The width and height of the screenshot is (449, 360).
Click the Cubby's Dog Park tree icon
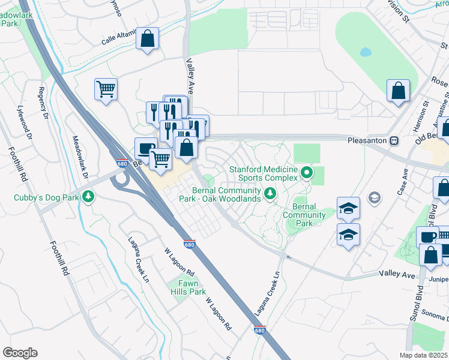click(89, 196)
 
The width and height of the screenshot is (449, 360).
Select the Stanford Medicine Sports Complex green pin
click(307, 173)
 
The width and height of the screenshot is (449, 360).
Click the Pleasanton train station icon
click(394, 140)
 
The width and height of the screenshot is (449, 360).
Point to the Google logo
click(20, 353)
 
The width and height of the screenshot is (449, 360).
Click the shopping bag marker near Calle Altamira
click(147, 40)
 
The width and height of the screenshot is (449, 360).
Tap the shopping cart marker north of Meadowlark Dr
click(106, 90)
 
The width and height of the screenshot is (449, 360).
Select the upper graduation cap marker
click(348, 208)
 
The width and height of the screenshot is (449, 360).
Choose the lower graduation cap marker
click(348, 235)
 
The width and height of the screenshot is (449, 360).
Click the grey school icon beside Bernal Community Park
click(375, 197)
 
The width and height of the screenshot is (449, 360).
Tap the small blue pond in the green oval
click(365, 52)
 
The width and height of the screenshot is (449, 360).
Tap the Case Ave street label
click(402, 182)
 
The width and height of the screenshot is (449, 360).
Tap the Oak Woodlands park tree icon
click(270, 193)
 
